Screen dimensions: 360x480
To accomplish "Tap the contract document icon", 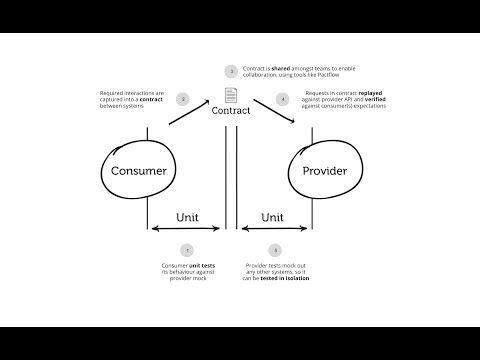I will tap(231, 96).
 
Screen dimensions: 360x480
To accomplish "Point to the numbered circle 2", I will tap(182, 99).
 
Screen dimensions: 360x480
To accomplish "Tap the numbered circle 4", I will tap(283, 99).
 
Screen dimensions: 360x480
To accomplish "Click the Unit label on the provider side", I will tap(273, 217).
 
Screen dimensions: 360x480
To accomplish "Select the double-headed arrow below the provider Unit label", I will tap(273, 230).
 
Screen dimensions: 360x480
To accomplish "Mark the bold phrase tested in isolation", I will tap(291, 280).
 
